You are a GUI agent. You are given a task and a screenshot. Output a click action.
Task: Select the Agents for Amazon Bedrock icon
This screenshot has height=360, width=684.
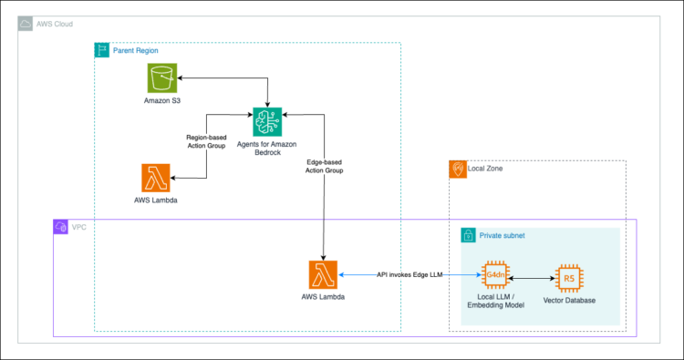(267, 120)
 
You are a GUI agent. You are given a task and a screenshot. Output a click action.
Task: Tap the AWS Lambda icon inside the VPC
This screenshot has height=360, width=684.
(324, 274)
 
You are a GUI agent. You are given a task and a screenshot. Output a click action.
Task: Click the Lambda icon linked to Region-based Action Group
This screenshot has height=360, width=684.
(156, 177)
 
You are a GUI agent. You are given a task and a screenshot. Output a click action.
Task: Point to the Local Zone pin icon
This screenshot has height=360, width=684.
(457, 169)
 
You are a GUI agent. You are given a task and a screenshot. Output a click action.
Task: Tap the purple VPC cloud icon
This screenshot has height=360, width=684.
(60, 226)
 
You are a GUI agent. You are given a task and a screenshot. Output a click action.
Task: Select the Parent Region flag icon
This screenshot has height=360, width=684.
(101, 49)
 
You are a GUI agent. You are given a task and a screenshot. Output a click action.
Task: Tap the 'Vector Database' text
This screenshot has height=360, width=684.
(569, 300)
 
